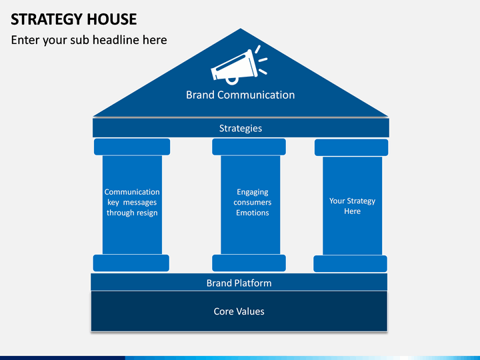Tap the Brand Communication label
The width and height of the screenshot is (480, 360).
(240, 95)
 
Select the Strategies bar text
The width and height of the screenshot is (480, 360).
(241, 128)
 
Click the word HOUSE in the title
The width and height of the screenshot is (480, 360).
(112, 19)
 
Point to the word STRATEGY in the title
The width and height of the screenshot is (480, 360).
(47, 19)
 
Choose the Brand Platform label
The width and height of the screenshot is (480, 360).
(239, 283)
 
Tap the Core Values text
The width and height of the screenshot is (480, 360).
(239, 311)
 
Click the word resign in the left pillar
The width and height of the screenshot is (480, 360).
(148, 213)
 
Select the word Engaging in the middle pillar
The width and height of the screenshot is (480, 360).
(253, 192)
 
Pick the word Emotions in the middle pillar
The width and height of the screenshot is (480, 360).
(253, 213)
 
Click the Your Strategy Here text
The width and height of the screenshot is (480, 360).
(353, 206)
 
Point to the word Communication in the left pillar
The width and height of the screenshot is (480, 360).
(132, 192)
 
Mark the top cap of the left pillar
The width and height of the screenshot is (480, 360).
(132, 147)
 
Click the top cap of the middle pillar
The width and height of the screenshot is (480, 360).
(249, 147)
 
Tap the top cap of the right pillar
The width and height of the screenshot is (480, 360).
(351, 147)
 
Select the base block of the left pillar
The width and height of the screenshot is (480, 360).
(131, 263)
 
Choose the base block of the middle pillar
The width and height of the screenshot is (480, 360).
(249, 263)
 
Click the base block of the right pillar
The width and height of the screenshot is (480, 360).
(350, 264)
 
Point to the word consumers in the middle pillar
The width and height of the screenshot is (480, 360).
(253, 203)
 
